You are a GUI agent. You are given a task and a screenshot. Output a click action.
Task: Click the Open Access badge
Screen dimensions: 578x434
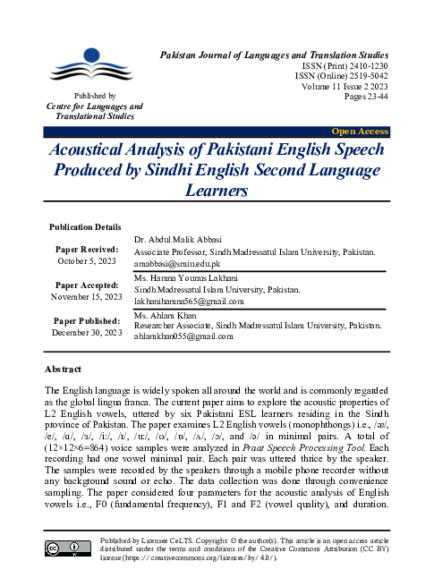tap(360, 132)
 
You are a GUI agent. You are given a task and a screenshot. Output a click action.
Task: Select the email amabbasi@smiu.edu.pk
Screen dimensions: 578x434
tap(178, 265)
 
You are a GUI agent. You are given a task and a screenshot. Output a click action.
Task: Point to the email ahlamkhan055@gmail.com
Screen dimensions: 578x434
tap(183, 336)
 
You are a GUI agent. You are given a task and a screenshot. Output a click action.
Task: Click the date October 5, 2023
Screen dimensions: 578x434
tap(86, 260)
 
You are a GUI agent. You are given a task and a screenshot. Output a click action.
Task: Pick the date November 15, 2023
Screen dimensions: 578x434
tap(86, 296)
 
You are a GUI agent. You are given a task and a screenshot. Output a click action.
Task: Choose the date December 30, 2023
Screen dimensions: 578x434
tap(86, 333)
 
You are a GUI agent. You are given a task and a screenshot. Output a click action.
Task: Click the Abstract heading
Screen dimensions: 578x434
tap(63, 370)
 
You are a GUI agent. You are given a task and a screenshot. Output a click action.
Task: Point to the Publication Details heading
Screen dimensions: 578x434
tap(85, 227)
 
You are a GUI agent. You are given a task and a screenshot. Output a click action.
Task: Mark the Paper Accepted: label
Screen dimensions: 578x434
tap(86, 285)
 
